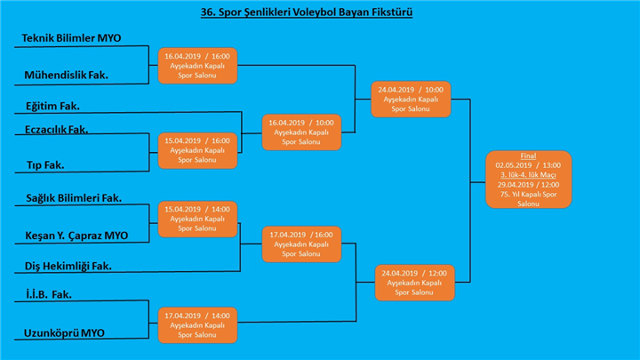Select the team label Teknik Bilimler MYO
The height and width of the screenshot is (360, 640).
[x=72, y=39]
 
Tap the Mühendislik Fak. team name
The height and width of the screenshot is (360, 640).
[x=67, y=76]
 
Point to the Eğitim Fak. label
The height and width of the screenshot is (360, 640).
[x=52, y=106]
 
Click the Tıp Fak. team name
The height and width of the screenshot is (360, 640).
[x=44, y=165]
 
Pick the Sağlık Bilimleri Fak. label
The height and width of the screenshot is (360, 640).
[x=73, y=198]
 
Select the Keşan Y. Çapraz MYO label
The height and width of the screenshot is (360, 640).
[x=76, y=236]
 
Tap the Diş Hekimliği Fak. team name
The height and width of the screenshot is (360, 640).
[x=68, y=266]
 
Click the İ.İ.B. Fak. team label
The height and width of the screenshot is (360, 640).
[x=48, y=294]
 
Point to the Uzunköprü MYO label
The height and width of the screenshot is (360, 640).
[x=66, y=332]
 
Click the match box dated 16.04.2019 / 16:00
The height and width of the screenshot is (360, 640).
[x=198, y=66]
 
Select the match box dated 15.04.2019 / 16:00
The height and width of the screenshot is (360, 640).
[x=198, y=150]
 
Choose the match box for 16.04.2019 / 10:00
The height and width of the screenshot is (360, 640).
[x=301, y=132]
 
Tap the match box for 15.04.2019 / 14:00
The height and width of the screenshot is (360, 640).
[x=198, y=219]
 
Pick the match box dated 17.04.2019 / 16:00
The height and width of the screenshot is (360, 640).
[x=301, y=243]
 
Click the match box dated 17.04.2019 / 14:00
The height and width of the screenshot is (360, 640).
[x=198, y=324]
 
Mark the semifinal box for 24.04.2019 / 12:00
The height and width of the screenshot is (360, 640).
[x=414, y=282]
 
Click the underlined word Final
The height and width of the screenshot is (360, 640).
[x=528, y=156]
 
